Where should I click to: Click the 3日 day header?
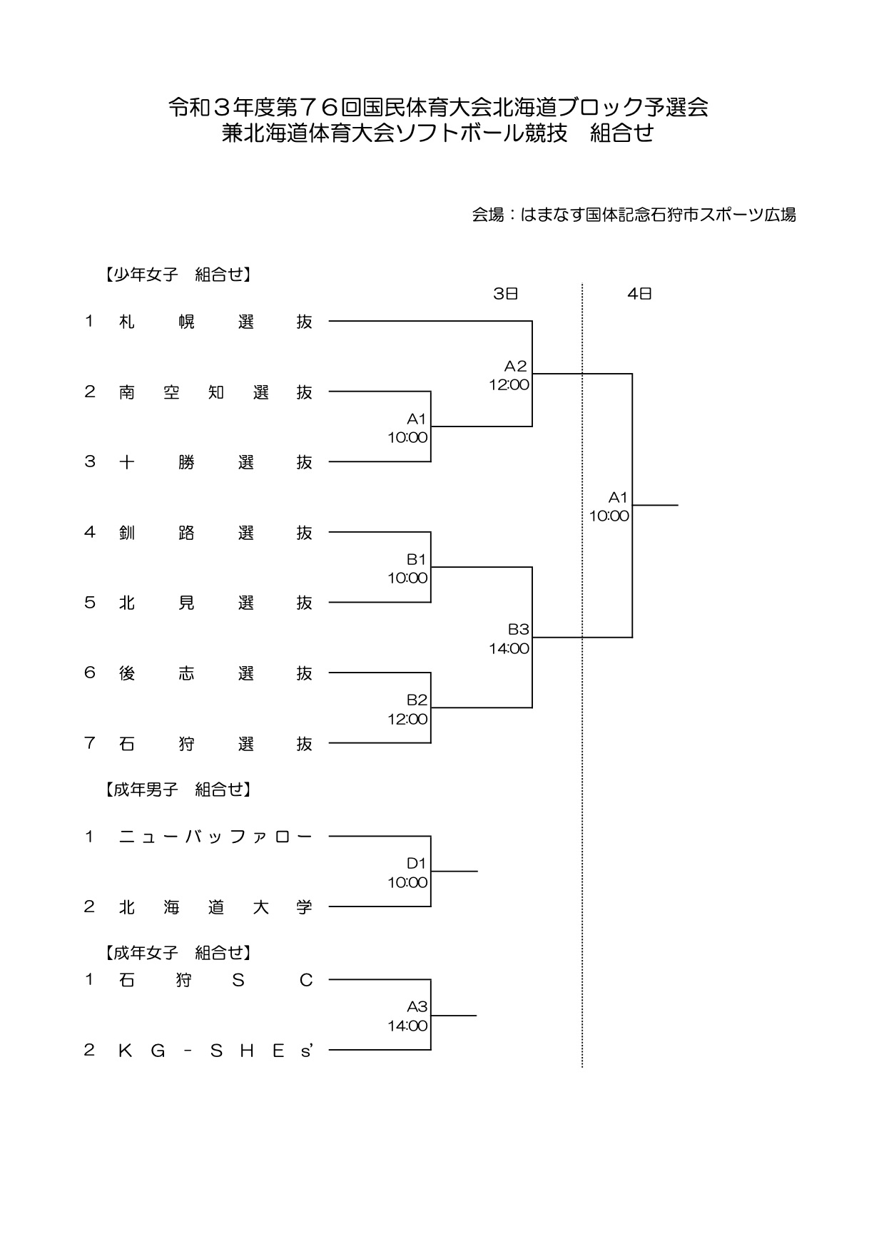tap(505, 293)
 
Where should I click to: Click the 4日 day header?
tap(639, 293)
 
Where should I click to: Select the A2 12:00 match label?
tap(509, 375)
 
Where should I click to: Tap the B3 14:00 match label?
tap(509, 639)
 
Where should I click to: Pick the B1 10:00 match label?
tap(408, 568)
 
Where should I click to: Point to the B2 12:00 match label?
tap(408, 709)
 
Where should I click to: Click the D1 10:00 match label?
tap(408, 873)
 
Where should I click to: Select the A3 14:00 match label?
tap(408, 1016)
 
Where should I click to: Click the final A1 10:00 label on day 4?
tap(609, 506)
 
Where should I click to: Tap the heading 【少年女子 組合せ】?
tap(176, 275)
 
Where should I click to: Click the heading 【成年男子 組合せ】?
tap(176, 790)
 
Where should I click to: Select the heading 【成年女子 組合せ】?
tap(176, 952)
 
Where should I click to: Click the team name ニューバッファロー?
tap(215, 837)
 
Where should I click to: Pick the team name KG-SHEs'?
tap(215, 1050)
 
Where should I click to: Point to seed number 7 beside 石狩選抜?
tap(90, 743)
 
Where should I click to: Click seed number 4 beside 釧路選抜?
tap(90, 532)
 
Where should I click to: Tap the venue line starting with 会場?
tap(634, 215)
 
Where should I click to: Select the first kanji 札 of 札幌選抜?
tap(127, 322)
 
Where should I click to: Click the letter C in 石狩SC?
tap(306, 981)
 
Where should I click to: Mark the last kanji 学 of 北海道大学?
tap(305, 907)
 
